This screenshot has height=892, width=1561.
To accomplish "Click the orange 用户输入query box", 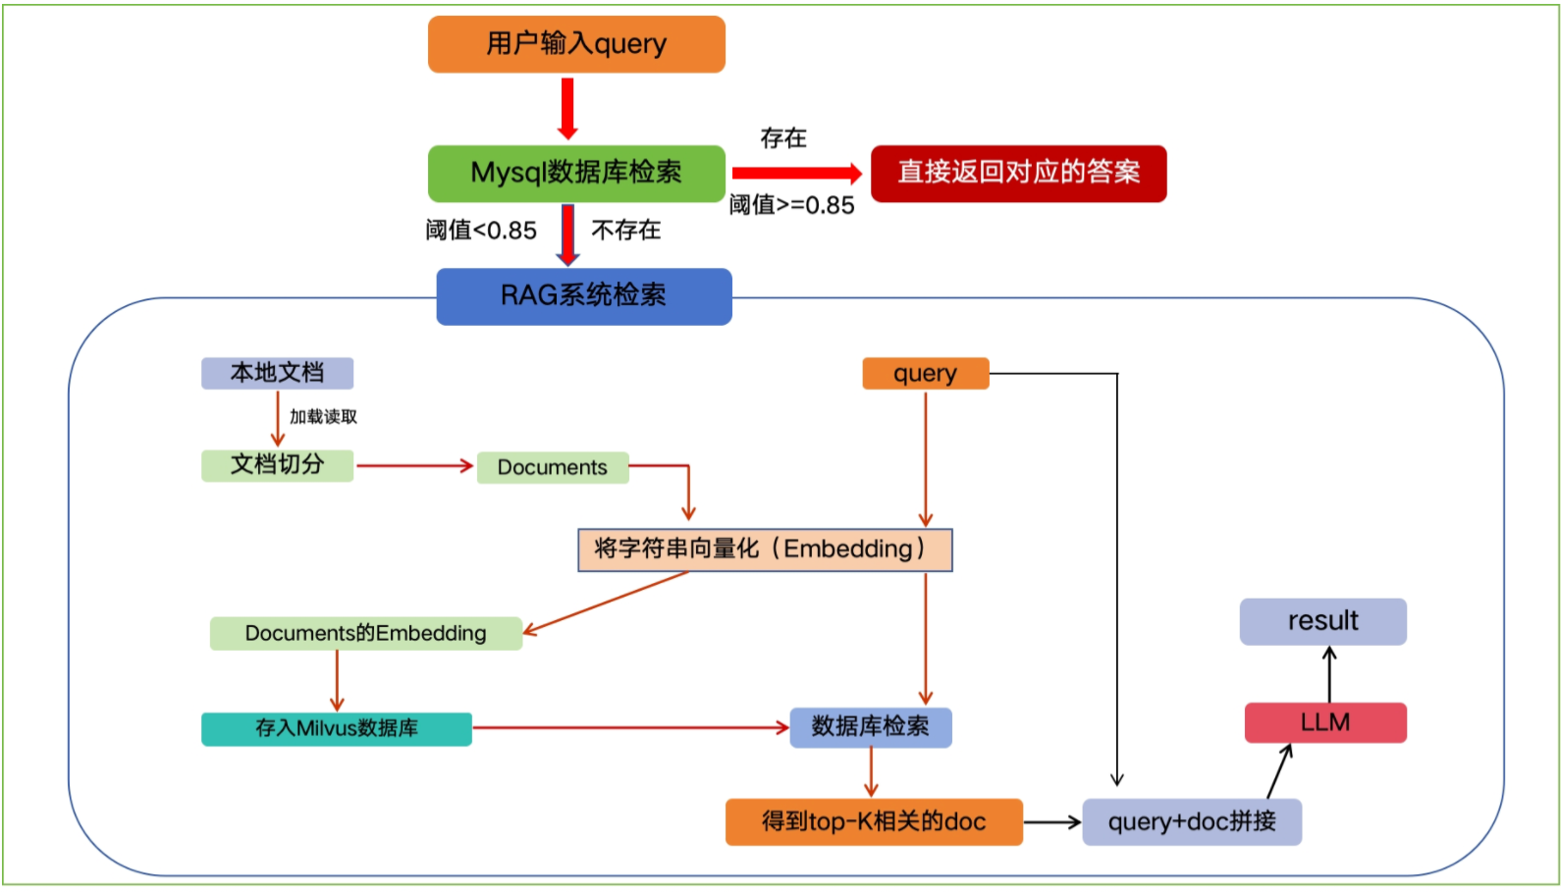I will pos(576,44).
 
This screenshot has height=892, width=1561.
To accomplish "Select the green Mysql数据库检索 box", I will pos(576,173).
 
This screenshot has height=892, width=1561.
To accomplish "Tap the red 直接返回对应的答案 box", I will pos(1018,173).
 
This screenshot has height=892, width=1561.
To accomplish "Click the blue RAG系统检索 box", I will pos(583,295).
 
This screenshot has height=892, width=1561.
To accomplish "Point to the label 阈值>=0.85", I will pos(791,205).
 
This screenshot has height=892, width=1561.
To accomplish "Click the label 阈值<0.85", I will pos(481,231).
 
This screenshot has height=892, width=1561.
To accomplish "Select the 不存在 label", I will pos(625,231).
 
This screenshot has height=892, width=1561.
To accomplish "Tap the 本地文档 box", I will pos(277,373).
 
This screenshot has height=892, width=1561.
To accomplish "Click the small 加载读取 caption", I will pos(323,417).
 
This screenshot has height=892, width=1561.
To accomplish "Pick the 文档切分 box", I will pos(277,465).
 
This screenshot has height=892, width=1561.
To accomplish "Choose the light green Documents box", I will pos(552,467).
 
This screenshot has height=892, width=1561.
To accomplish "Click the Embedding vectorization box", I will pos(764,550).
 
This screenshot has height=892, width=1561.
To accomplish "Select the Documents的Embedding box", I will pos(365,633).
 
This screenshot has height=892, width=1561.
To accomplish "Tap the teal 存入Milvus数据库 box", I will pos(336,728).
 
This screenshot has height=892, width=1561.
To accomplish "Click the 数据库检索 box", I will pos(870,727).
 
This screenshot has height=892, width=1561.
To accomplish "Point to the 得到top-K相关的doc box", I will pos(873,821).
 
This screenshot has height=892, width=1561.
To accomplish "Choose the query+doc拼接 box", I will pos(1191,821).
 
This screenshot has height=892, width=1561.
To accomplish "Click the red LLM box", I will pos(1324,722).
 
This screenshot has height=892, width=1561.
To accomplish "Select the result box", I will pos(1322,621).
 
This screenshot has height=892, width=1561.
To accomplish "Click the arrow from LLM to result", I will pos(1329,674).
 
